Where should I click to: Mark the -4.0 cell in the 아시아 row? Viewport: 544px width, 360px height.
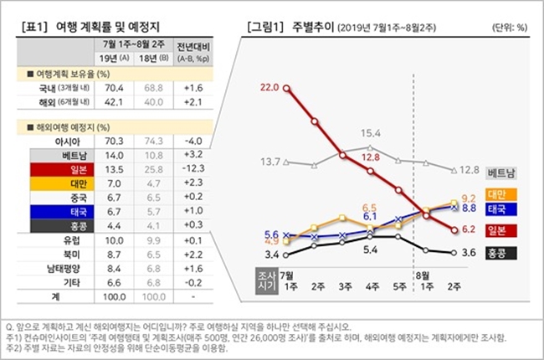[x=193, y=141]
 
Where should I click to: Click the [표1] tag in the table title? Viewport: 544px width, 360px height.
[x=34, y=25]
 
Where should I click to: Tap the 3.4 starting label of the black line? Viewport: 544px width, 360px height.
[x=271, y=254]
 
